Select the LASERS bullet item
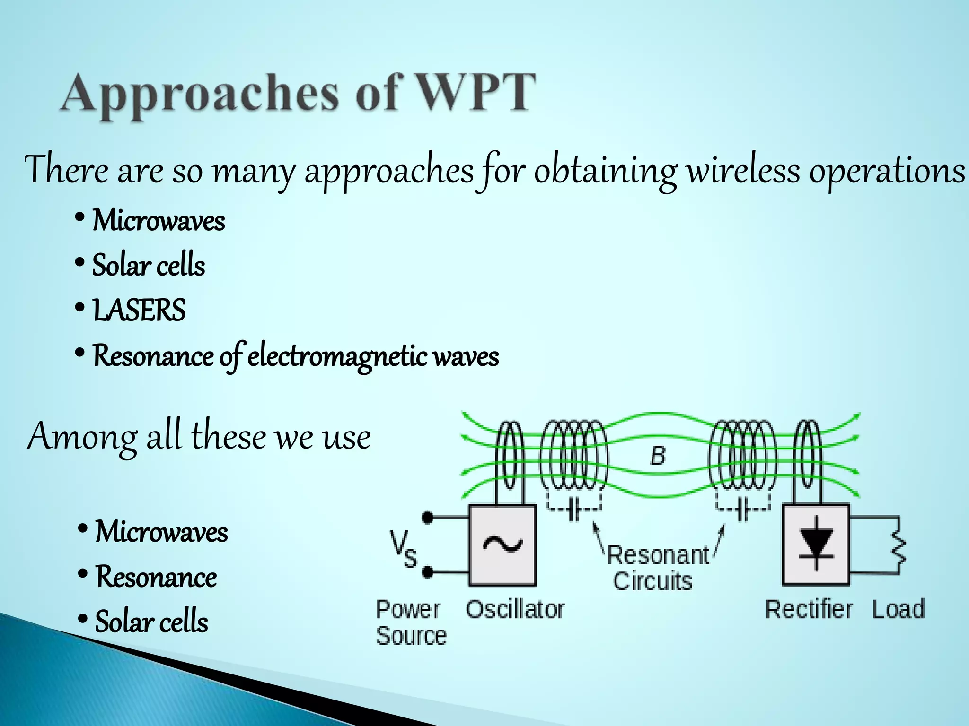point(139,311)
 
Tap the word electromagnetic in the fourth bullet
point(338,356)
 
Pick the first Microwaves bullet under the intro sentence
point(158,221)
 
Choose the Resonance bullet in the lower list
point(156,577)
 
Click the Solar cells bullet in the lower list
point(151,622)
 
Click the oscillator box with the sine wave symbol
point(502,545)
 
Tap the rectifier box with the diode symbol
point(816,545)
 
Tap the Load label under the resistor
point(898,609)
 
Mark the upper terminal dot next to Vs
point(427,518)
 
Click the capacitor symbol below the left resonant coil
point(574,510)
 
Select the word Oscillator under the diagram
point(515,609)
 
